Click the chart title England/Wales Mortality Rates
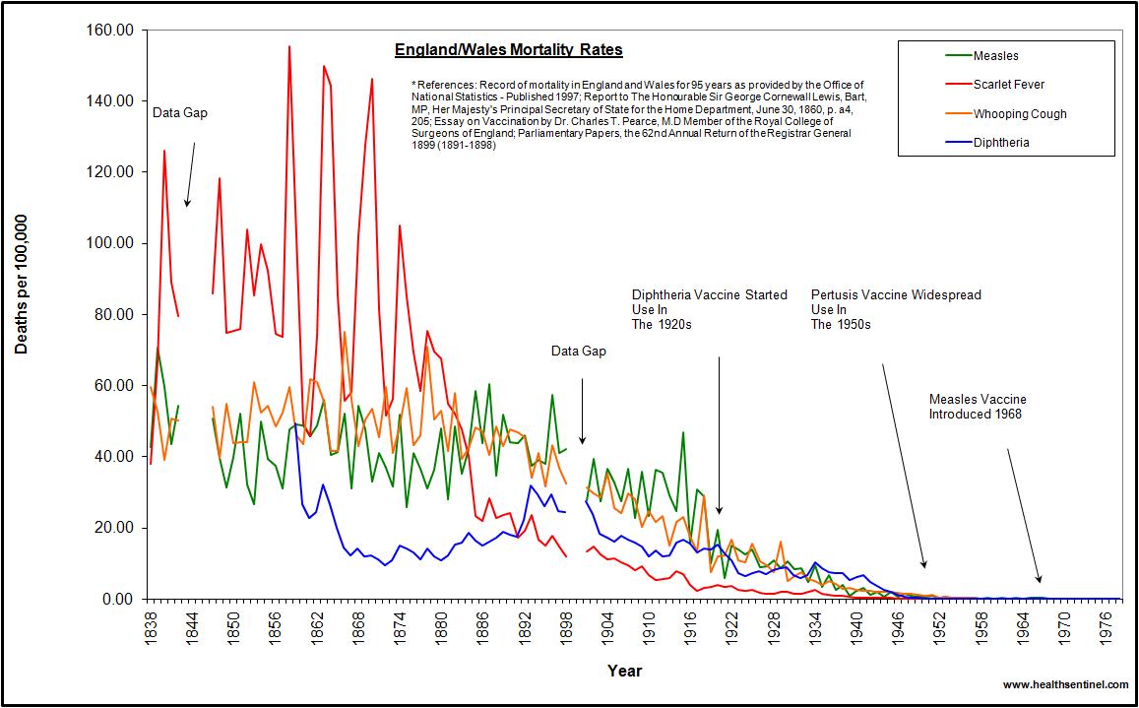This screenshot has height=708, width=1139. pyautogui.click(x=508, y=50)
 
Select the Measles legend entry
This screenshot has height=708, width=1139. pyautogui.click(x=995, y=56)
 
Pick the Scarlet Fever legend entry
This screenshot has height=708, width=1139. pyautogui.click(x=1008, y=85)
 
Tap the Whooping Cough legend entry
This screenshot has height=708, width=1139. pyautogui.click(x=1019, y=114)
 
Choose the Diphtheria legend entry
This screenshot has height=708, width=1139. pyautogui.click(x=1001, y=143)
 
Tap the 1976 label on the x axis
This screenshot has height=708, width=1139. pyautogui.click(x=1104, y=626)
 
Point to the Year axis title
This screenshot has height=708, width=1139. pyautogui.click(x=624, y=672)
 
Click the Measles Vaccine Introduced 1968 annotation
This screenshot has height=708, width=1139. pyautogui.click(x=978, y=407)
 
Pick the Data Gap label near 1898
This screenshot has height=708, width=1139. pyautogui.click(x=578, y=351)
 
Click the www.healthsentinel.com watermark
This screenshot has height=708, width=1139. pyautogui.click(x=1064, y=684)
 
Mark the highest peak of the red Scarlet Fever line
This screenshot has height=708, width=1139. pyautogui.click(x=288, y=46)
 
